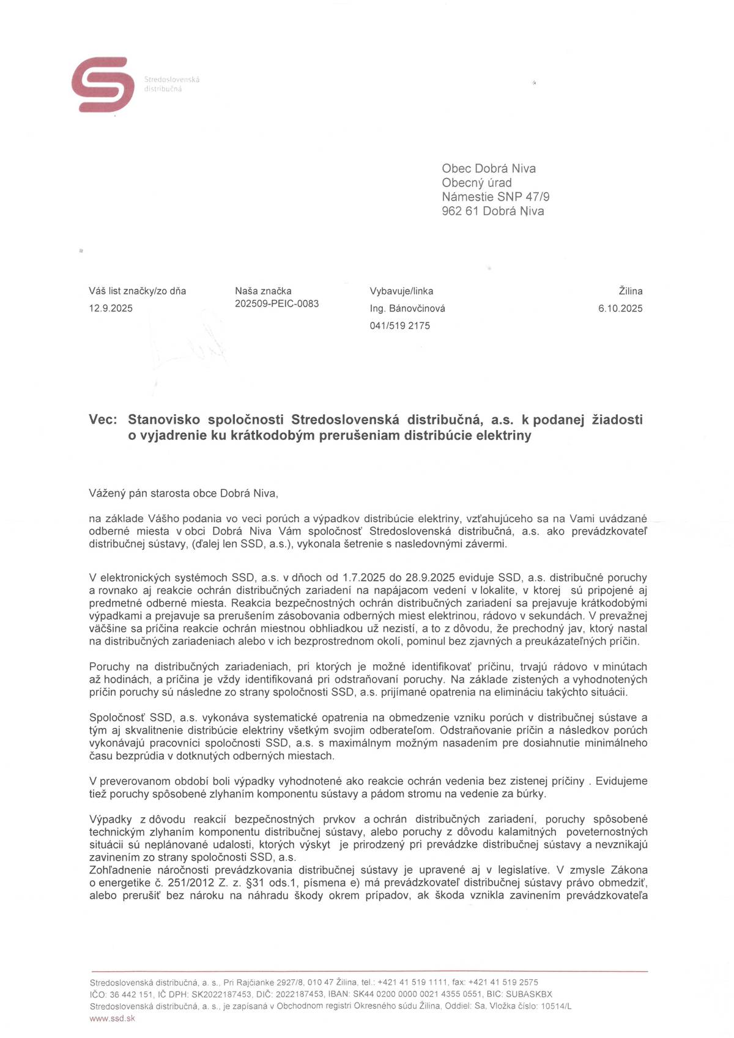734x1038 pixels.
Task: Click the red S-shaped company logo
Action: (102, 84)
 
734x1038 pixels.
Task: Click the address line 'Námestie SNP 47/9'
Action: (495, 197)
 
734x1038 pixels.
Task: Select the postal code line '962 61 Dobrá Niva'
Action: (492, 212)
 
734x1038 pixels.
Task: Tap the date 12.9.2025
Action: (111, 308)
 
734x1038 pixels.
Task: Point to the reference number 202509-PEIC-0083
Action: (276, 304)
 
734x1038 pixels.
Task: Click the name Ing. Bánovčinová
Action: (407, 309)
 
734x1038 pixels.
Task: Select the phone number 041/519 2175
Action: (399, 326)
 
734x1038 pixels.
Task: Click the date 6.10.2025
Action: (620, 309)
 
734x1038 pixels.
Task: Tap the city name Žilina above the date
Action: (630, 292)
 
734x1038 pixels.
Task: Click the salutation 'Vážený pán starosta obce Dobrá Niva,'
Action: (183, 494)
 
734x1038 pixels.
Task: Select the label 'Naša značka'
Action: (263, 291)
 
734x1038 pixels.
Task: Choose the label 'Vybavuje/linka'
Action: (401, 292)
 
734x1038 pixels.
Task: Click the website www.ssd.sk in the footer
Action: (112, 1018)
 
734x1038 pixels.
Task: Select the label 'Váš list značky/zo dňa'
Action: (137, 291)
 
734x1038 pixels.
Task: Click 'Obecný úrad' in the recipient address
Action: (476, 183)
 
